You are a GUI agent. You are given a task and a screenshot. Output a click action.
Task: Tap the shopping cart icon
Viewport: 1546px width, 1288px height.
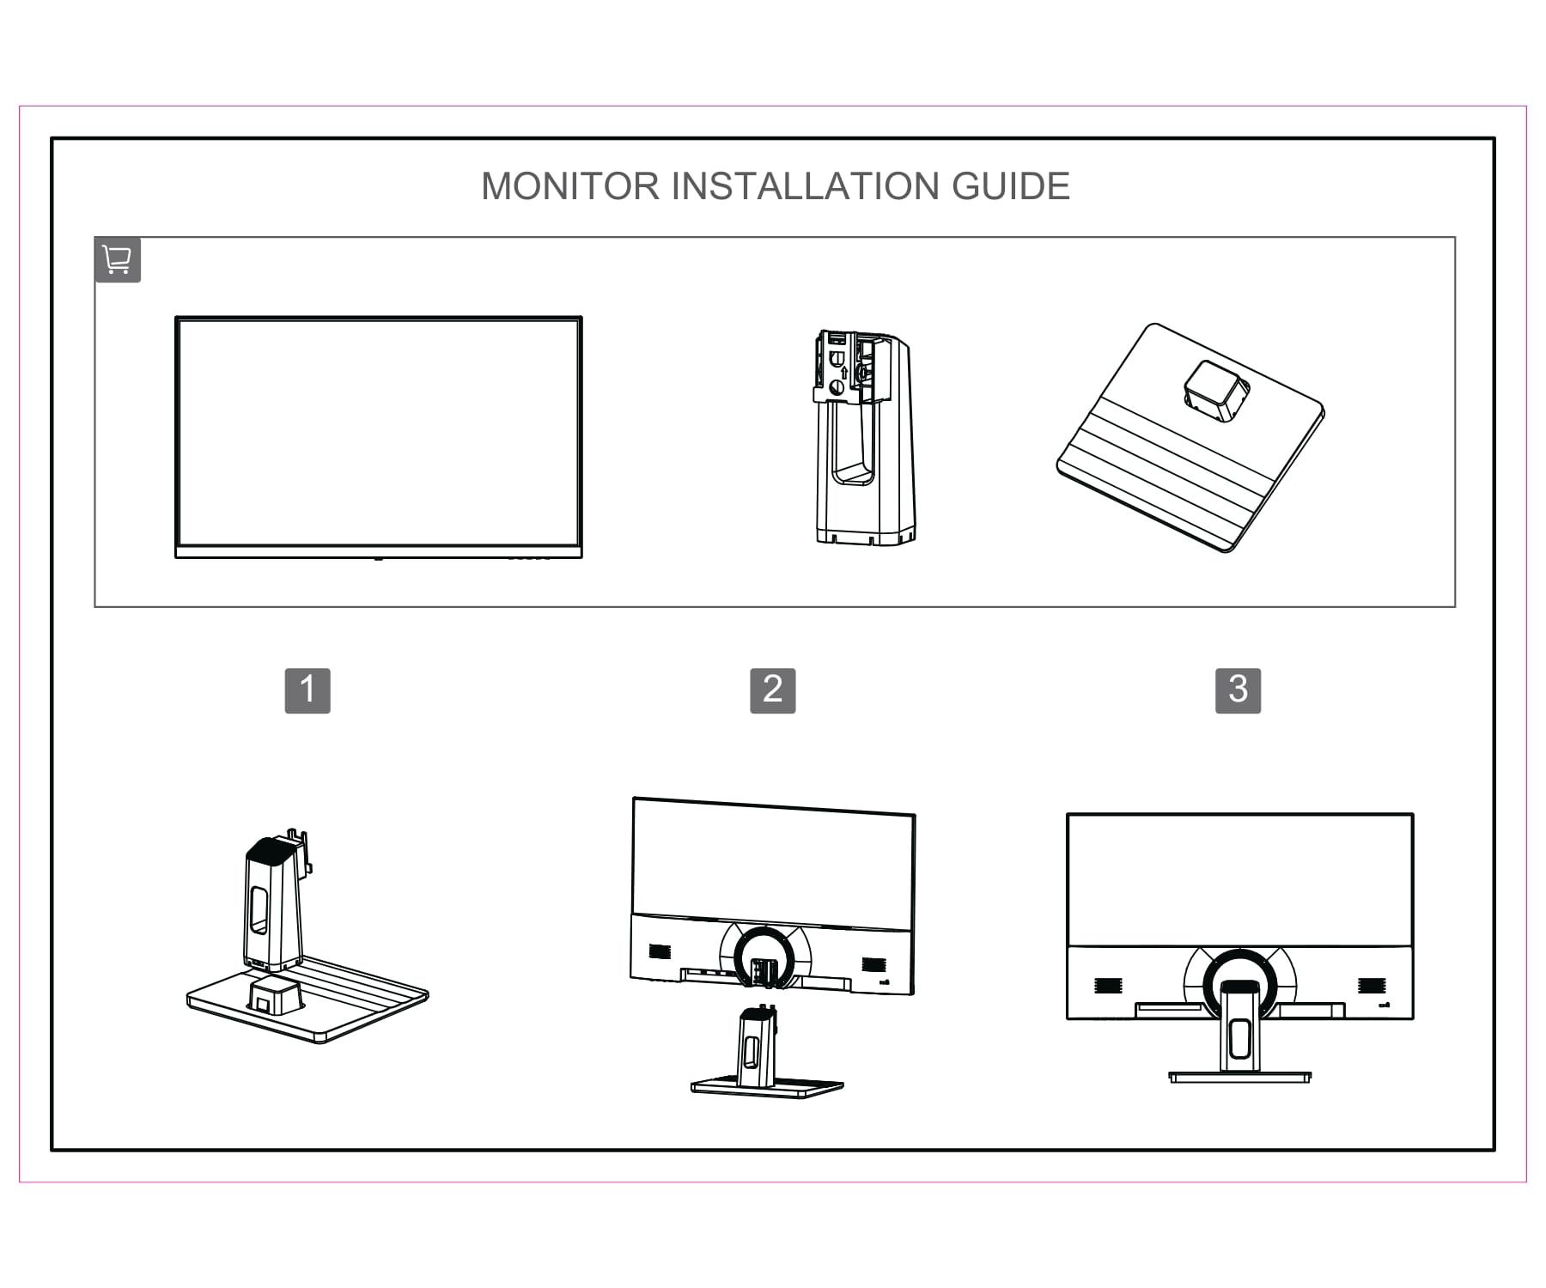117,259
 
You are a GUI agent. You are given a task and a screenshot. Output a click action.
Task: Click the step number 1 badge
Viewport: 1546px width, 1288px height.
307,690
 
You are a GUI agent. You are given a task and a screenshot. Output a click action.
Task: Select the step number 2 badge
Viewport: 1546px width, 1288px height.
772,690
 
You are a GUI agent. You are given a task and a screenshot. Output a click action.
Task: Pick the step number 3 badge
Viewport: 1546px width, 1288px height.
1238,690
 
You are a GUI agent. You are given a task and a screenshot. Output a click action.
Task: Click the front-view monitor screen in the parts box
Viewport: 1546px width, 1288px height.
378,434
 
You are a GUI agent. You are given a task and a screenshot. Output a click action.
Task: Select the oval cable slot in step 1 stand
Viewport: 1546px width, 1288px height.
259,910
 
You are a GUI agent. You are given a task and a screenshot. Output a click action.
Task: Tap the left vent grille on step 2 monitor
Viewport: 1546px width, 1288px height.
659,951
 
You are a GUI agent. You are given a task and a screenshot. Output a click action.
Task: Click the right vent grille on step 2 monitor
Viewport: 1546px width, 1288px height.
873,964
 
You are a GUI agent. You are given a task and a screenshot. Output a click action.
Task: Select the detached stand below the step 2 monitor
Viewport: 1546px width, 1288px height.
760,1056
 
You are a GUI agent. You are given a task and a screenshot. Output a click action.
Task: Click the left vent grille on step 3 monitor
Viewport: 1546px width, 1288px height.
1107,986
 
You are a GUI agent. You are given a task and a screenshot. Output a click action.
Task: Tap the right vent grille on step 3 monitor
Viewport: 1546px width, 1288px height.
1370,986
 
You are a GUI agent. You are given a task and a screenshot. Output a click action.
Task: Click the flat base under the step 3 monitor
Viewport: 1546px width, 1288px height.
1239,1076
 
